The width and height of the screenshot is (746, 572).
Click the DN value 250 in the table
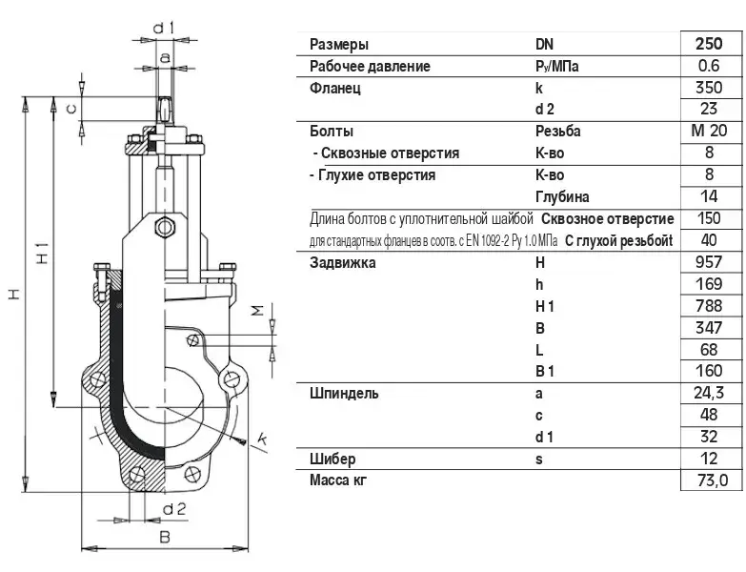point(709,44)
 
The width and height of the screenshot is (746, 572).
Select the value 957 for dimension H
point(709,262)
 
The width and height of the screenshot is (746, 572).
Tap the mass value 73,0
point(713,480)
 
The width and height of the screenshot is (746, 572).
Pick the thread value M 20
point(709,131)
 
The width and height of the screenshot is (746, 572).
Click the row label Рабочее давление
point(370,66)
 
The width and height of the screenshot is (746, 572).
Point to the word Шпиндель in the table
point(344,394)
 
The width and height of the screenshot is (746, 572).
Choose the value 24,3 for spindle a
point(709,393)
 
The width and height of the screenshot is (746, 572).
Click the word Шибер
point(333,460)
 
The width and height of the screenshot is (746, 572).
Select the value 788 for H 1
point(709,306)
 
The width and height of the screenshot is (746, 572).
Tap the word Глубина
point(562,196)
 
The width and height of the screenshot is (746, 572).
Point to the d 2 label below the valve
point(173,509)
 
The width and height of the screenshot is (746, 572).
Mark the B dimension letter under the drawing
point(165,538)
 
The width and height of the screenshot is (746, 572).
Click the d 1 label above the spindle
point(163,28)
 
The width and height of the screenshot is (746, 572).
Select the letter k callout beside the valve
point(261,439)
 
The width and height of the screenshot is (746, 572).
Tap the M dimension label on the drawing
point(257,311)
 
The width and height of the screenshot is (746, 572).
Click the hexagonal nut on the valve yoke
point(165,227)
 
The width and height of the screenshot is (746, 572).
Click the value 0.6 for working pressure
point(709,66)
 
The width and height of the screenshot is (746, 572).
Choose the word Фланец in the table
point(335,88)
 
